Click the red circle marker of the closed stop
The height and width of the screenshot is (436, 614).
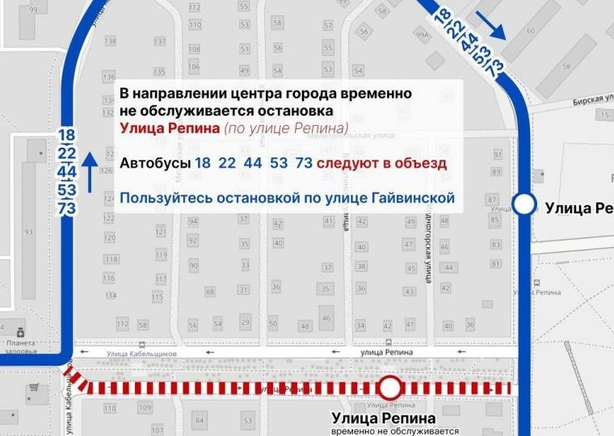(x=391, y=388)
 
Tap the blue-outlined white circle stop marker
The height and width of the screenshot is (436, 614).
(x=525, y=204)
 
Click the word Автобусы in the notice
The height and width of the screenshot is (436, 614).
(x=154, y=163)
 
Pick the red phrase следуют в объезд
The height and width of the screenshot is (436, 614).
(x=381, y=163)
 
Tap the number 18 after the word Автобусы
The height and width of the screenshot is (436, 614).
(x=203, y=163)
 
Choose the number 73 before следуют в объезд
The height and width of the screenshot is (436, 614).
(x=304, y=163)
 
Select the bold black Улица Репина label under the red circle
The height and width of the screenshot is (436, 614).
(x=384, y=418)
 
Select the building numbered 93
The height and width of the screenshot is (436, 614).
(x=27, y=233)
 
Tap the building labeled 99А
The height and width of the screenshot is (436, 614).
(x=422, y=36)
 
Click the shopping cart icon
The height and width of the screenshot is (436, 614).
(x=34, y=388)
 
